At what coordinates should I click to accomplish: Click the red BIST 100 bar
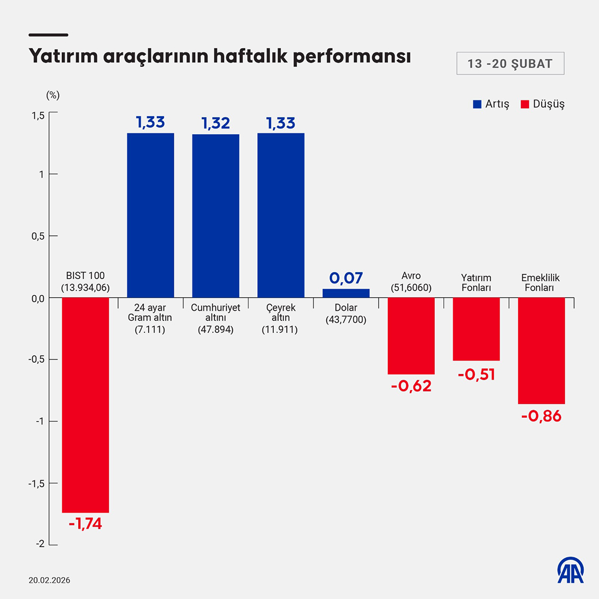[x=86, y=405]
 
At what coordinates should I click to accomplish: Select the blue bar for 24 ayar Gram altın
[x=150, y=215]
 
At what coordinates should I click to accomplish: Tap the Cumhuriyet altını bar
[x=216, y=216]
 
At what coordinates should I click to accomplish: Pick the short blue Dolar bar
[x=346, y=293]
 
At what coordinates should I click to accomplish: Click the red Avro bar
[x=411, y=335]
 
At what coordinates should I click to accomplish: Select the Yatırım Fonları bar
[x=476, y=329]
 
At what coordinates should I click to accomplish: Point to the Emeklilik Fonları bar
[x=541, y=350]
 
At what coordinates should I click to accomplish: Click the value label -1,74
[x=85, y=524]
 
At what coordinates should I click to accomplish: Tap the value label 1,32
[x=216, y=123]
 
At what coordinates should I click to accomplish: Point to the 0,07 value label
[x=346, y=278]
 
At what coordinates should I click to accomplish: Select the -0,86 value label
[x=541, y=416]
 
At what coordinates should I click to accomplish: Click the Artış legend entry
[x=491, y=104]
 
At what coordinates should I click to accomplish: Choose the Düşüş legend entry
[x=542, y=104]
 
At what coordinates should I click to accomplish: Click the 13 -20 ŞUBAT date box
[x=510, y=64]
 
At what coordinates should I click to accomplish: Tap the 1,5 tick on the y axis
[x=37, y=116]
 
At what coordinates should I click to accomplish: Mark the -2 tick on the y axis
[x=40, y=544]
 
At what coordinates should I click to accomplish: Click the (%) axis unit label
[x=53, y=95]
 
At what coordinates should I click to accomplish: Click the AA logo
[x=571, y=570]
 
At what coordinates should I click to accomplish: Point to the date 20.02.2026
[x=49, y=580]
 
